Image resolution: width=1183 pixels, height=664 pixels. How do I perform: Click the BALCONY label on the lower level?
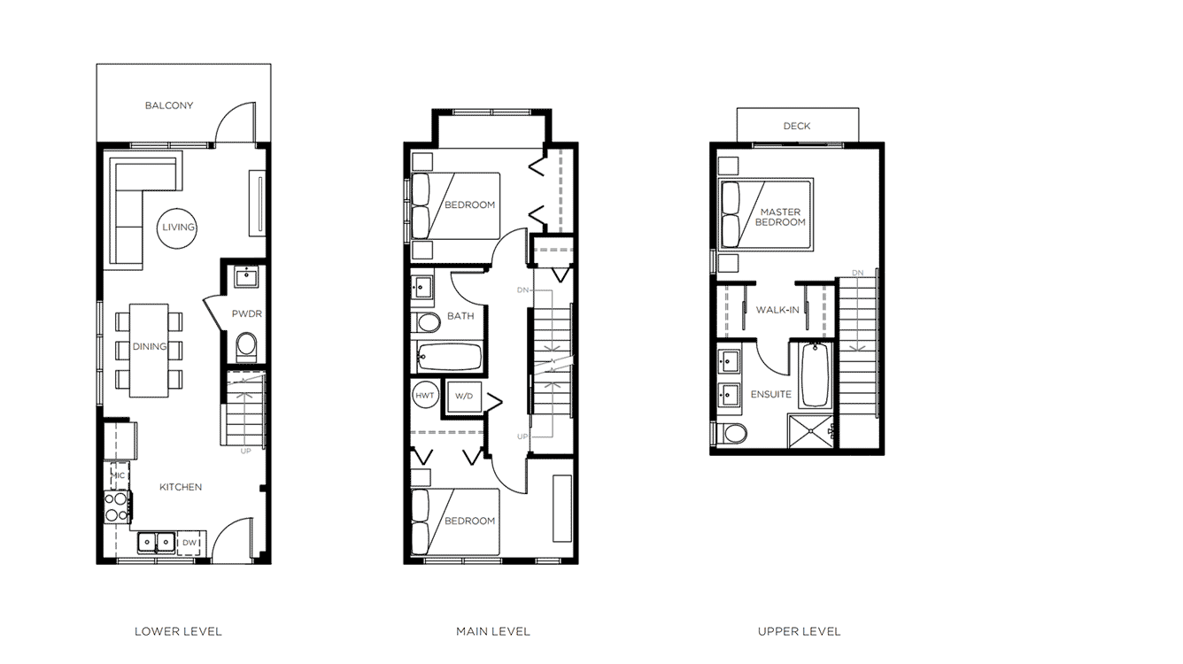click(x=169, y=105)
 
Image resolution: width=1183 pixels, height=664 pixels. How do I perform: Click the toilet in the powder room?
click(x=245, y=344)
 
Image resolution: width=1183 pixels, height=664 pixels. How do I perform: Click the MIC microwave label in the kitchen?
click(x=118, y=475)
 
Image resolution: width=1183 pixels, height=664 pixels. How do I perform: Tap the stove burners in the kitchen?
click(x=117, y=506)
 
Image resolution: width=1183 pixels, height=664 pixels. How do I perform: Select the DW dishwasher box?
click(x=189, y=543)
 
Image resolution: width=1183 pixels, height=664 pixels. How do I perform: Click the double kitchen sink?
click(x=154, y=542)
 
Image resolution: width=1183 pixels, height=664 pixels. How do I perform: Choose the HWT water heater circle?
click(x=425, y=396)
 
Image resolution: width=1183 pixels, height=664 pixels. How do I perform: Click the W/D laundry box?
click(x=465, y=396)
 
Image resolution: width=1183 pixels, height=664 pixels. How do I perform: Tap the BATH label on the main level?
click(x=460, y=315)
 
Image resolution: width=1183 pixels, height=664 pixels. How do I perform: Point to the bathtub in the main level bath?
click(x=448, y=358)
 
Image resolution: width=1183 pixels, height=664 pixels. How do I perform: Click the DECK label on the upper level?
click(x=797, y=126)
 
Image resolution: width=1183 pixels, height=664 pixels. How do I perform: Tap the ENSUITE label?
click(x=771, y=394)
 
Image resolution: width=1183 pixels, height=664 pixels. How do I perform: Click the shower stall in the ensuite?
click(x=813, y=431)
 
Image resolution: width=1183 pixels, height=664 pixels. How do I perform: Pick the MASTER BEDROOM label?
click(x=780, y=217)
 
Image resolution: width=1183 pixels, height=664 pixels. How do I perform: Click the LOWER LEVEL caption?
click(x=178, y=631)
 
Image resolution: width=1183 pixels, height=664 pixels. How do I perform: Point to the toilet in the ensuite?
click(x=732, y=434)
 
